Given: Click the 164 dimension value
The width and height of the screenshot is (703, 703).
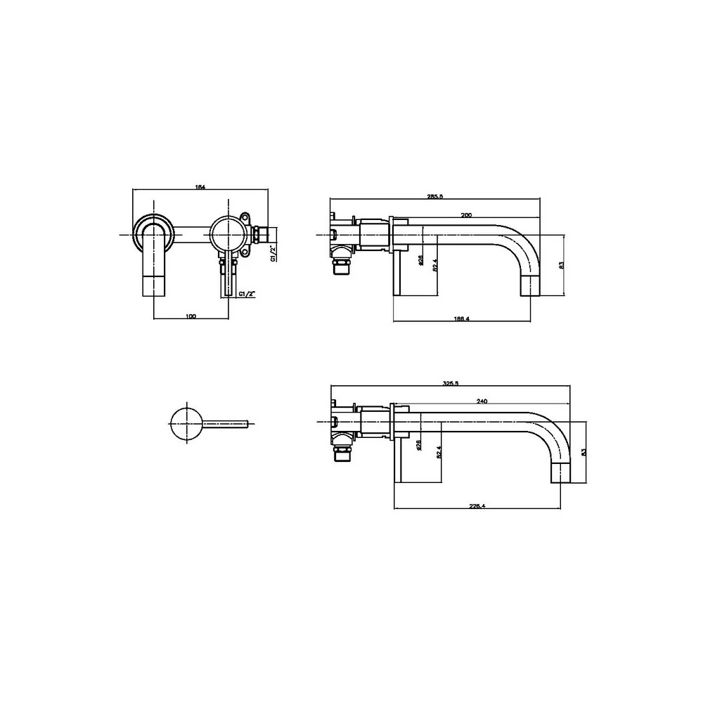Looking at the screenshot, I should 200,186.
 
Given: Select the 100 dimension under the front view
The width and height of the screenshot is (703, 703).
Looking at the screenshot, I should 191,316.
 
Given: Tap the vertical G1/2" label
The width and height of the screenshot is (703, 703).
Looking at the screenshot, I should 273,253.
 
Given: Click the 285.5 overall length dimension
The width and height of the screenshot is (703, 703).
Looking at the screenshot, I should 434,197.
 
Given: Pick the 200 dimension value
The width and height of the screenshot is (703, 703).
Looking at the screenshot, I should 465,214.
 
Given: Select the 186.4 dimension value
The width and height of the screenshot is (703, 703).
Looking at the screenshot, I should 461,318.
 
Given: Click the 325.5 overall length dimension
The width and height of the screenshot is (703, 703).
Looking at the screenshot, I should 451,383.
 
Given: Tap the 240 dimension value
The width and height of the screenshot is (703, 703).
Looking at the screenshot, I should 482,401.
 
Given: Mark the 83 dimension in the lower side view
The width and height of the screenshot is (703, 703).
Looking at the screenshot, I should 582,452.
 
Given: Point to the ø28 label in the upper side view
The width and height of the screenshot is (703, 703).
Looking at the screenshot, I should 420,260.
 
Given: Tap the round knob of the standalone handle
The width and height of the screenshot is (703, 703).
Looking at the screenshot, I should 186,423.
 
